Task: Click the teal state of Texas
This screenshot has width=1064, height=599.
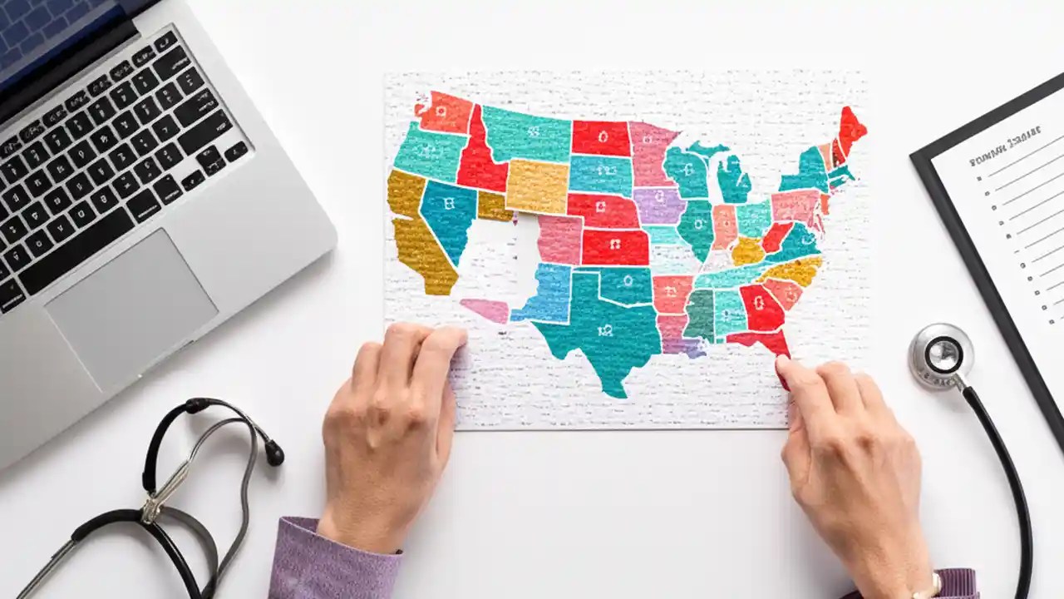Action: pyautogui.click(x=603, y=329)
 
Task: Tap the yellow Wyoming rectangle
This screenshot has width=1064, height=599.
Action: pyautogui.click(x=537, y=185)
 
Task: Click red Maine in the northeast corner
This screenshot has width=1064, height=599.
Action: pyautogui.click(x=851, y=129)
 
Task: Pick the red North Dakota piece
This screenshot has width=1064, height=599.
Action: pyautogui.click(x=600, y=137)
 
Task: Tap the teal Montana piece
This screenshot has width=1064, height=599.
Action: pyautogui.click(x=525, y=133)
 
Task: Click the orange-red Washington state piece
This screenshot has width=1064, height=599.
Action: pyautogui.click(x=445, y=112)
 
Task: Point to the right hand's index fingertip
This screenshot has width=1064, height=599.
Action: pyautogui.click(x=783, y=366)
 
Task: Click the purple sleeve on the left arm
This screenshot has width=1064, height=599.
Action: pyautogui.click(x=332, y=566)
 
